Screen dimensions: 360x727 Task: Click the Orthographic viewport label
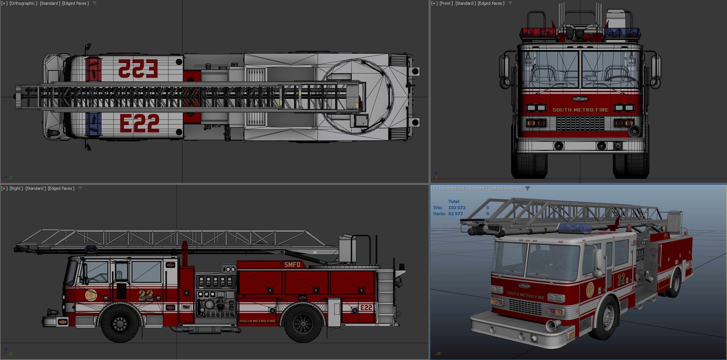[x=23, y=3]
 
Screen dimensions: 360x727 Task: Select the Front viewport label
[x=446, y=3]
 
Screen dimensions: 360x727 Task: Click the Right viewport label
[x=16, y=188]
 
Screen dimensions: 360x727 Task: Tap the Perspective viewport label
[x=451, y=188]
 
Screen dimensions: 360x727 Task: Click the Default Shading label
[x=505, y=188]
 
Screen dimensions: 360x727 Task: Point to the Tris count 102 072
[x=457, y=208]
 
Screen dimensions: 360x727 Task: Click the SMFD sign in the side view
[x=292, y=265]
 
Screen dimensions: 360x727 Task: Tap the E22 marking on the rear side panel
[x=366, y=308]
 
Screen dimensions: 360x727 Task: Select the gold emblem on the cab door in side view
[x=91, y=295]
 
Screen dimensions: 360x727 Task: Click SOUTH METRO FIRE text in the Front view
[x=580, y=110]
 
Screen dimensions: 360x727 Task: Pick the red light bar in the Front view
[x=538, y=32]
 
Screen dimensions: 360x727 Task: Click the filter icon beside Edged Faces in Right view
[x=80, y=188]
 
